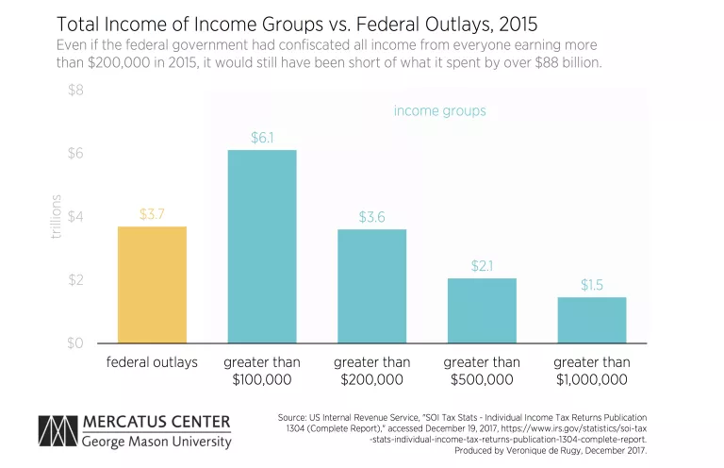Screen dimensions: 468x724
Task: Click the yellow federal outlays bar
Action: point(152,285)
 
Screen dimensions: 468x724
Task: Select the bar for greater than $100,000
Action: point(262,246)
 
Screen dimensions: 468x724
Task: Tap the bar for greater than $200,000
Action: point(371,286)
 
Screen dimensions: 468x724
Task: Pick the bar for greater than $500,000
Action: point(482,310)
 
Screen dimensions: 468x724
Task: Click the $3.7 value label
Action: point(152,214)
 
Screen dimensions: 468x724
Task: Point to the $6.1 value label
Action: point(262,137)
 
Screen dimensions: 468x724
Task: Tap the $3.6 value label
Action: point(371,217)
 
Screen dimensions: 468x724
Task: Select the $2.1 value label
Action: point(482,265)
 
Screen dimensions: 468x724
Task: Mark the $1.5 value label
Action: point(592,284)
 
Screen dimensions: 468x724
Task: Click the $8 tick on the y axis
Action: point(74,91)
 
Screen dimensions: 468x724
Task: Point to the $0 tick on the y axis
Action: point(74,343)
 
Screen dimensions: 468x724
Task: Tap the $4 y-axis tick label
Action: point(74,217)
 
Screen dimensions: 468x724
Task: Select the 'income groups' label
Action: point(439,110)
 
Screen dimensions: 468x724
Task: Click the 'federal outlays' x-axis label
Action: point(152,362)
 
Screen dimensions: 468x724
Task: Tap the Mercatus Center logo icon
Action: point(56,430)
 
